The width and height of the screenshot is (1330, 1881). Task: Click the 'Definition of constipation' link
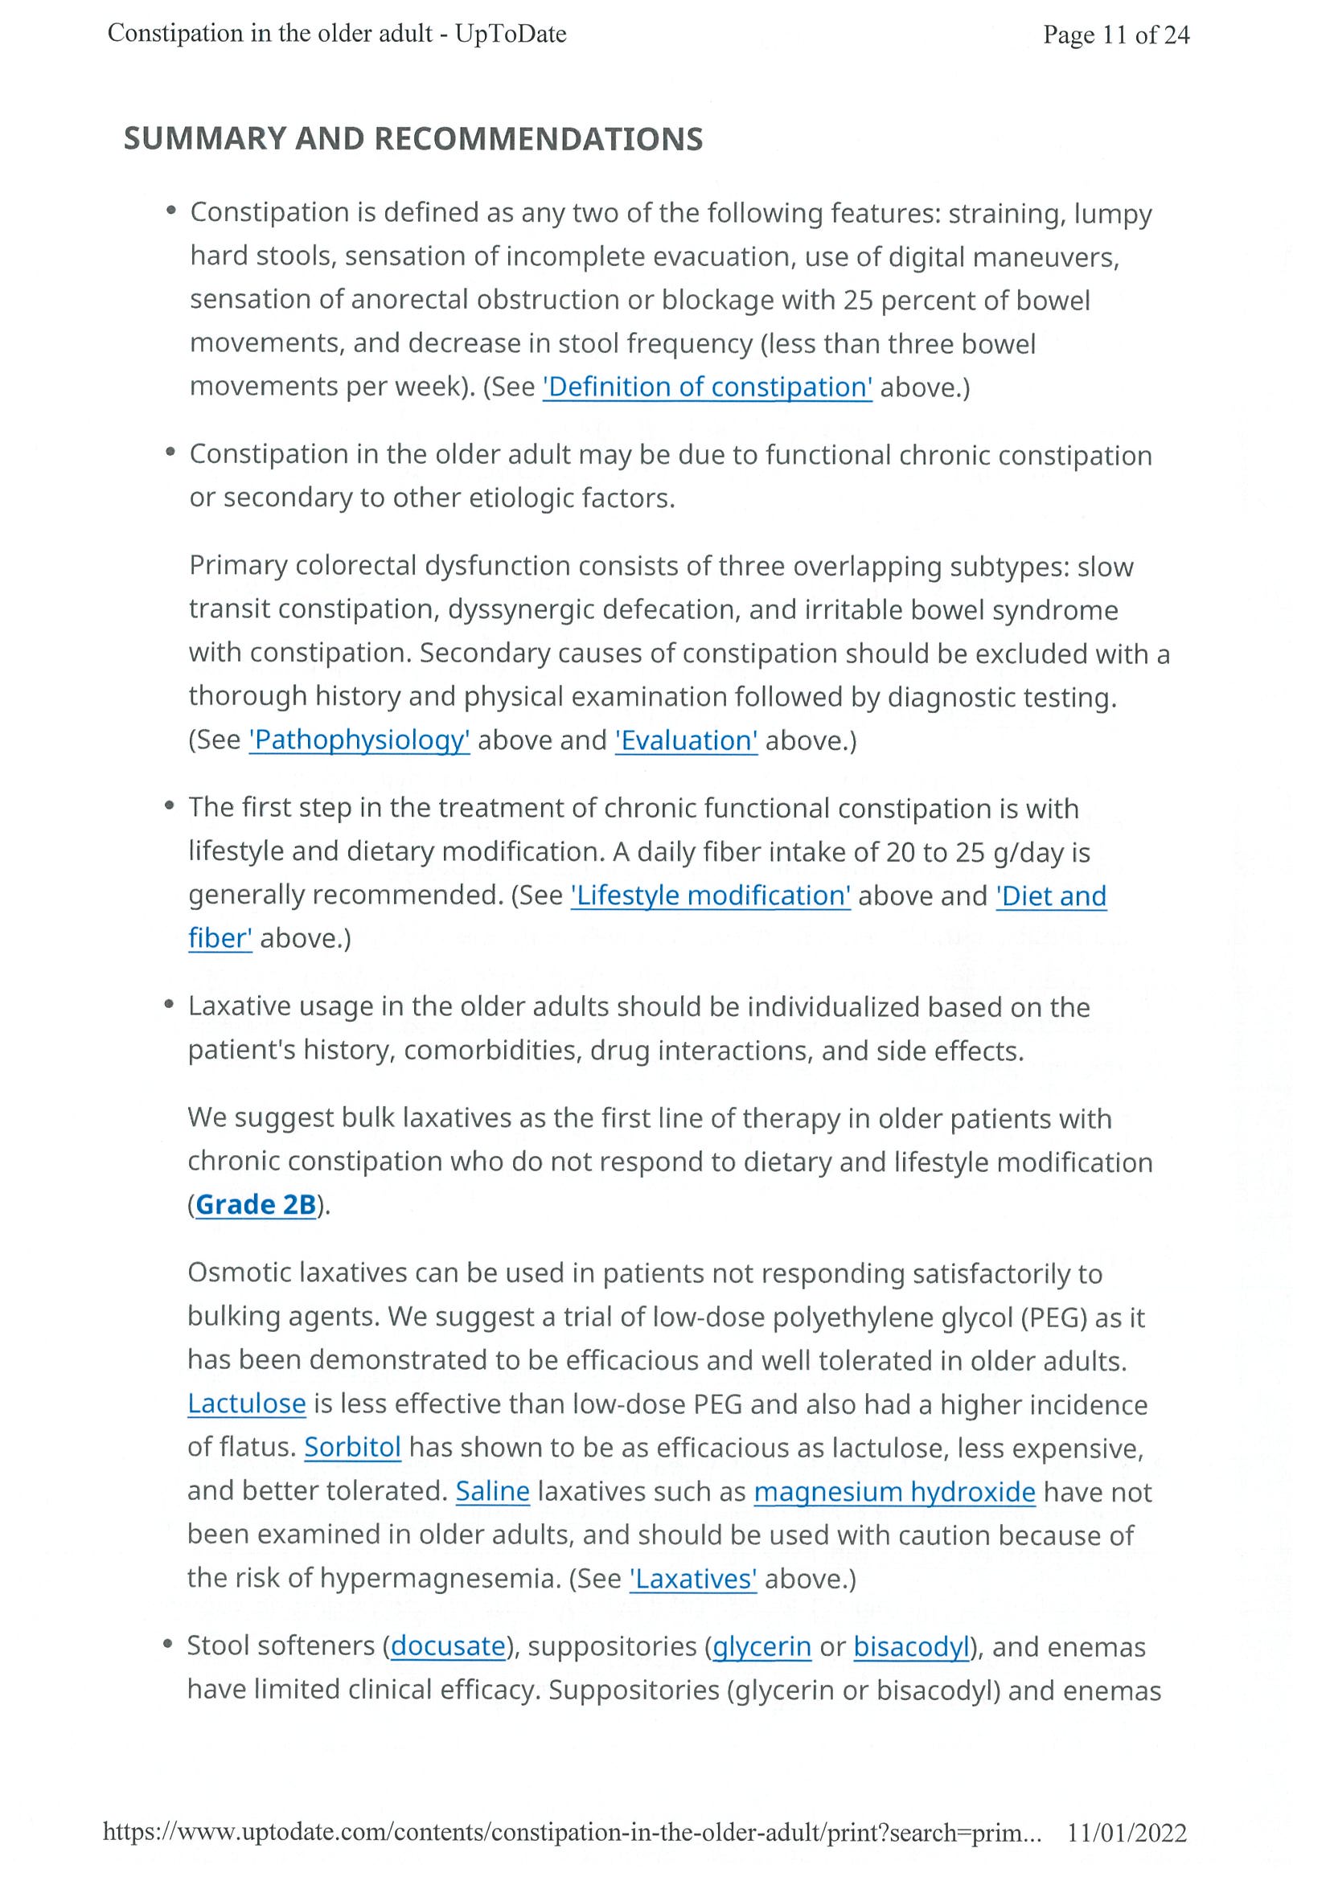coord(707,387)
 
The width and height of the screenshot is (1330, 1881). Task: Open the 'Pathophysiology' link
coord(359,740)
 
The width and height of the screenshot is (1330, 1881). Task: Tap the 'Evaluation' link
coord(686,740)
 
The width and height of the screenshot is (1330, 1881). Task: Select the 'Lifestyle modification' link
coord(711,895)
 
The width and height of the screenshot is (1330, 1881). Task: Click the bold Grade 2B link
coord(256,1204)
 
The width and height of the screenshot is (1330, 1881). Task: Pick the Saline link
coord(492,1491)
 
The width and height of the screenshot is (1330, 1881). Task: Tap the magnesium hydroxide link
coord(894,1491)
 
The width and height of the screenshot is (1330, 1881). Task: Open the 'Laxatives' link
coord(693,1579)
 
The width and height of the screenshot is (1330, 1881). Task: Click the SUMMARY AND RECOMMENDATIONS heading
coord(413,139)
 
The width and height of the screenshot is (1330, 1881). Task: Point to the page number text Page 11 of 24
coord(1115,35)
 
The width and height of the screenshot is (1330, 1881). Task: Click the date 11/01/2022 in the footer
coord(1126,1833)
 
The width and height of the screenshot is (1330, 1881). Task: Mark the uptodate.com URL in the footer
coord(571,1833)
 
